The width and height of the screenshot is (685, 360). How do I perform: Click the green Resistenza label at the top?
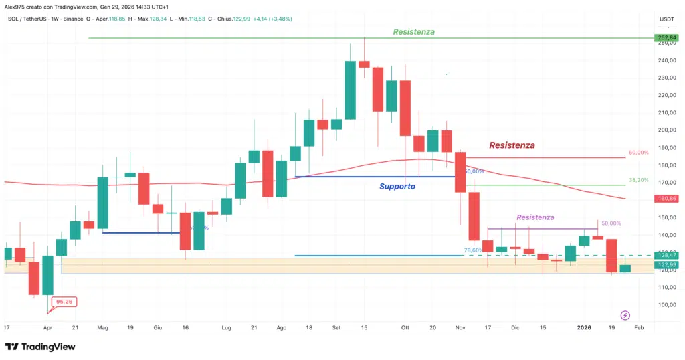[x=413, y=31]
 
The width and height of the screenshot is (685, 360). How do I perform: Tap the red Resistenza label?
[x=512, y=145]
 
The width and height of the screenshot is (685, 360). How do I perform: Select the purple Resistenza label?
[x=535, y=217]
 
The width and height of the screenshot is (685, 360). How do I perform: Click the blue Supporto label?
[x=397, y=186]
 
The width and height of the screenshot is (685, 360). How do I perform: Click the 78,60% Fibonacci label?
[x=473, y=250]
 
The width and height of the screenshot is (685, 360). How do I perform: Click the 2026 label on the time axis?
[x=584, y=327]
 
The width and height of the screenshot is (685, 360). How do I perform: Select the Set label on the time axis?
[x=336, y=327]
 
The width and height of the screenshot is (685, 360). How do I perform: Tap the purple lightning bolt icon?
[x=625, y=314]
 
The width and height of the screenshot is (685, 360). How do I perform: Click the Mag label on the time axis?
[x=102, y=327]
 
